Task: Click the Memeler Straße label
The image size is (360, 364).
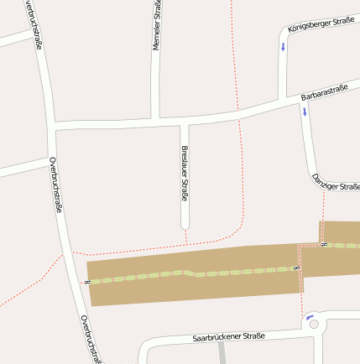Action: [x=156, y=25]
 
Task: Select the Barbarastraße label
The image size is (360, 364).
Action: [x=324, y=93]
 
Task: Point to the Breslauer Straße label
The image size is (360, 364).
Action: [x=185, y=174]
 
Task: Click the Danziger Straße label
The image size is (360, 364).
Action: [x=335, y=182]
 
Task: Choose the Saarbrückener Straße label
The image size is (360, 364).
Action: [x=228, y=337]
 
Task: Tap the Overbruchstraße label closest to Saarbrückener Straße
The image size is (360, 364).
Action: [x=91, y=339]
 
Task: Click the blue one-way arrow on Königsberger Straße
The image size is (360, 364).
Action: [x=283, y=47]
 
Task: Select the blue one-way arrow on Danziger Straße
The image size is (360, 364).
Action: [x=304, y=111]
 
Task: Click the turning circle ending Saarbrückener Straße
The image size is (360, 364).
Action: [x=314, y=325]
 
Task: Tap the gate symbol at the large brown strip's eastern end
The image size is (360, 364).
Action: [x=295, y=268]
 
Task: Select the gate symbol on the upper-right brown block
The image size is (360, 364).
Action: [x=324, y=244]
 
